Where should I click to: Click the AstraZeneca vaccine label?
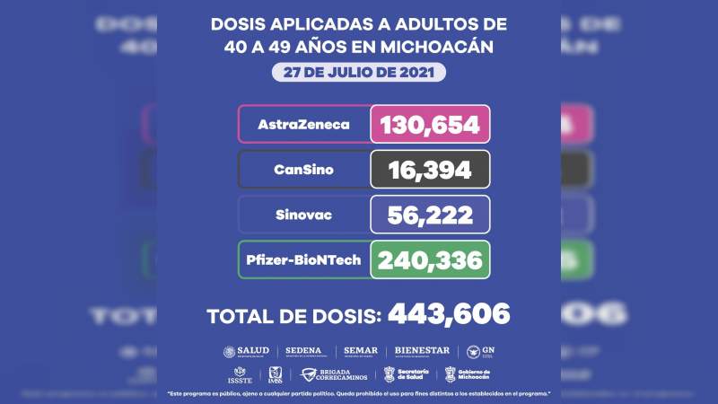303,124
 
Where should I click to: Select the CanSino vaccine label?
303,169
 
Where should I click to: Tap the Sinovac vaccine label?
303,215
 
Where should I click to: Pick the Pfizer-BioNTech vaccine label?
303,259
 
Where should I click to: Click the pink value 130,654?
430,124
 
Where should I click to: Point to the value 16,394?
430,169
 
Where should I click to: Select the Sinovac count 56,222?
430,215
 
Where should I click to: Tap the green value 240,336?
430,259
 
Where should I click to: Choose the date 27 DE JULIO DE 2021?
359,72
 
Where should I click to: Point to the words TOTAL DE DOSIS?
293,316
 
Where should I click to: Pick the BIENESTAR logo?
422,352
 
